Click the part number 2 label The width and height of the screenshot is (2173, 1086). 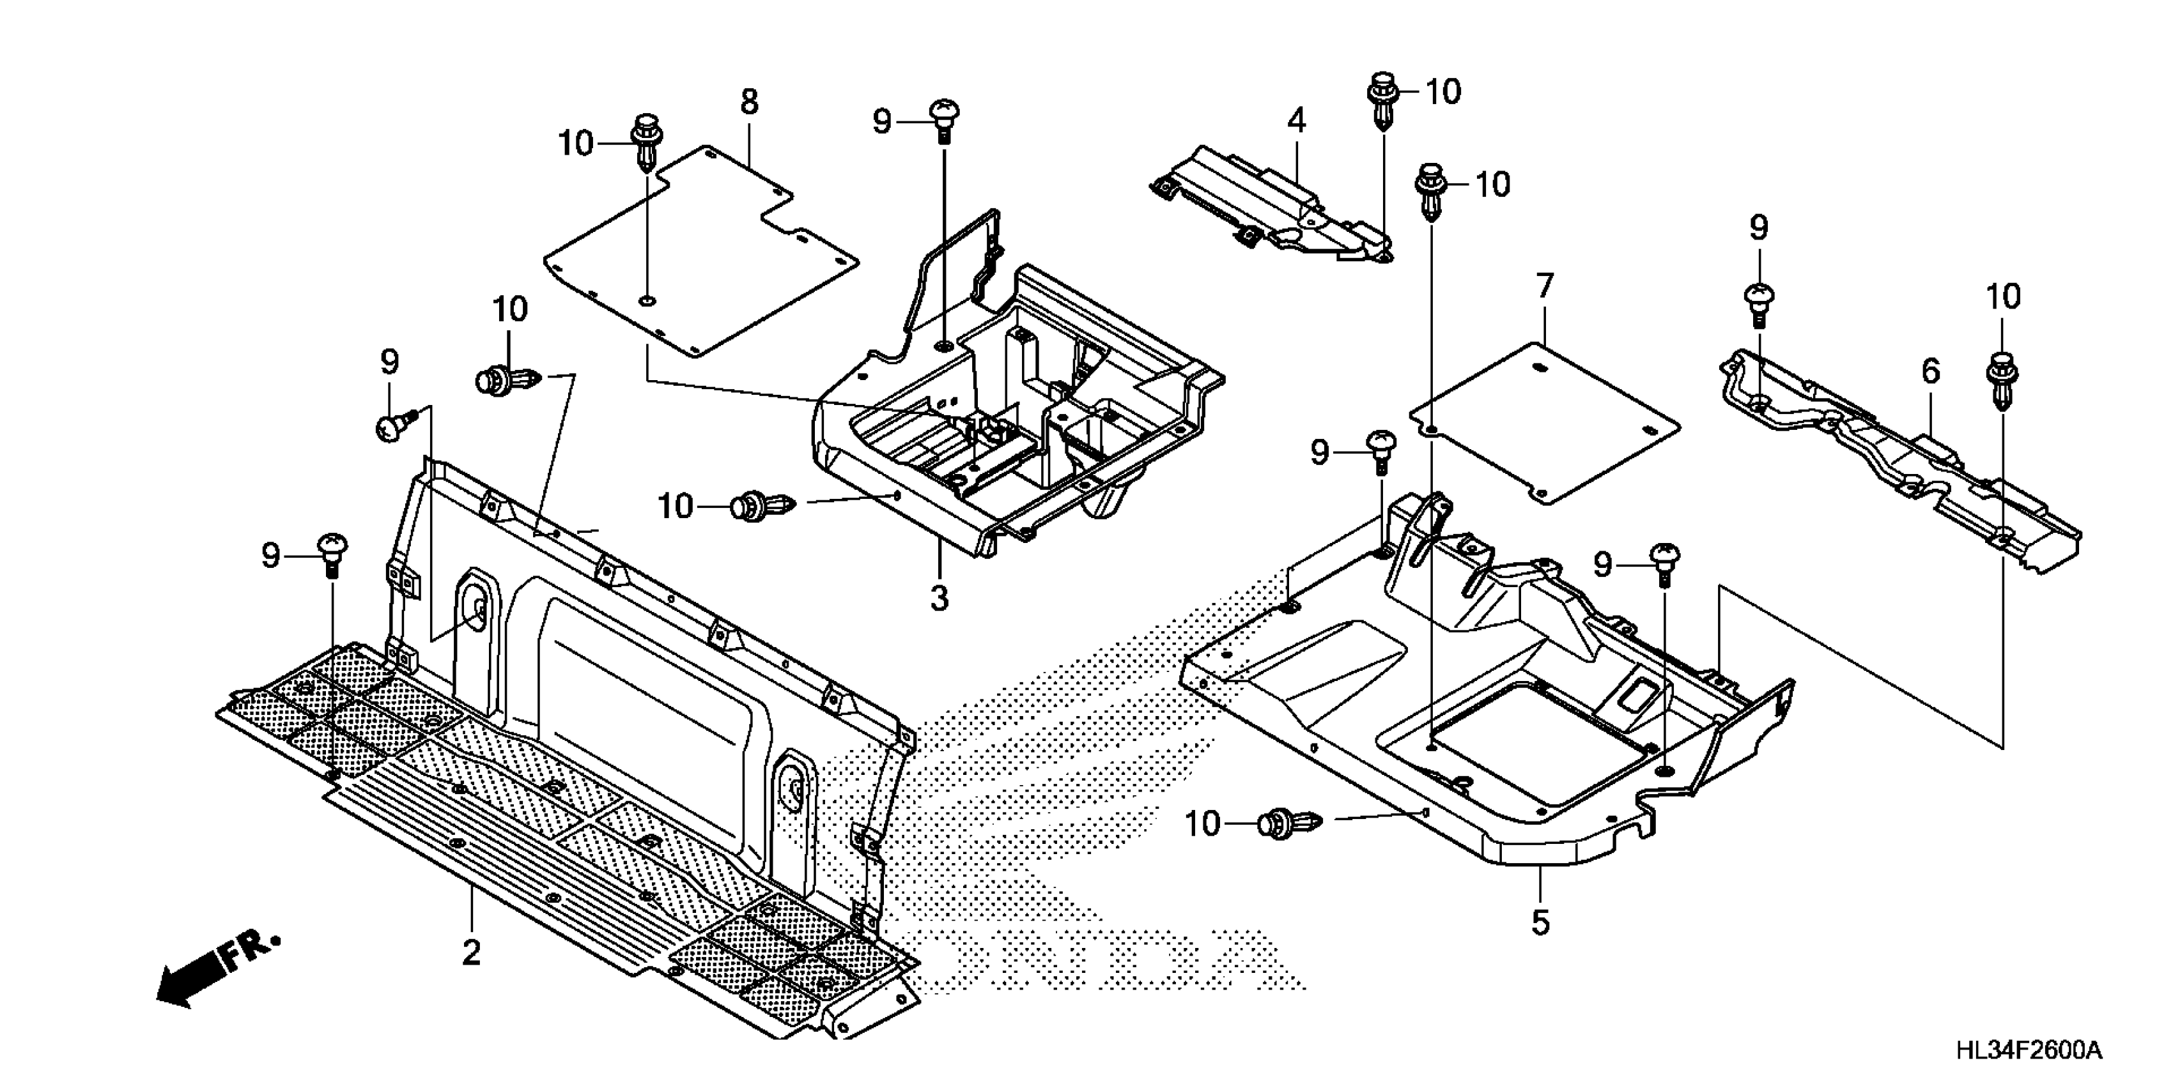pos(470,952)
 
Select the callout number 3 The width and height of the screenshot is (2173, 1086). pos(939,598)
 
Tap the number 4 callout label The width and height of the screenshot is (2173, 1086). pos(1297,121)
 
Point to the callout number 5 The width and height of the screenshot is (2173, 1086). pos(1540,922)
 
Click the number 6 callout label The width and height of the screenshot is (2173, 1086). pos(1931,371)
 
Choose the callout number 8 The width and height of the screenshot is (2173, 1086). pos(749,102)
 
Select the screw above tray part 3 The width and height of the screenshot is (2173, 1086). pos(945,121)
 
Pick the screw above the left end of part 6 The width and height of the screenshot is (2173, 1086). pos(1759,304)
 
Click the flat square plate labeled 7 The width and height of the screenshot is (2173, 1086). pos(1543,422)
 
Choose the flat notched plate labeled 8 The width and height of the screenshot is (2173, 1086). pos(700,253)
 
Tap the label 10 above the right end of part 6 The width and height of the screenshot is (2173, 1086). pos(2002,297)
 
